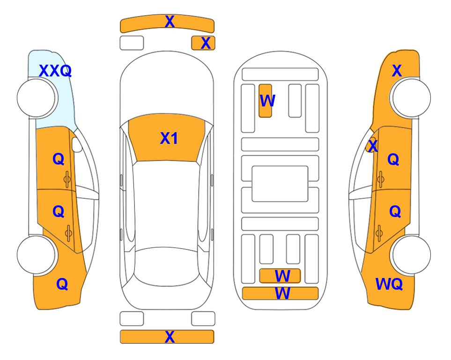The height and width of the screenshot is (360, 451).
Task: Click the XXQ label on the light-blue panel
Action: pyautogui.click(x=55, y=71)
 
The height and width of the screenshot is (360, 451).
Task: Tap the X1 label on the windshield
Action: pyautogui.click(x=169, y=138)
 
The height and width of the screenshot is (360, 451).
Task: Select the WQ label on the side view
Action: pyautogui.click(x=389, y=284)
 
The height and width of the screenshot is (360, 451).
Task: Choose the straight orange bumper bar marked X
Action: pyautogui.click(x=167, y=337)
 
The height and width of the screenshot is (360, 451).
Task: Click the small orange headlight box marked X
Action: pyautogui.click(x=203, y=43)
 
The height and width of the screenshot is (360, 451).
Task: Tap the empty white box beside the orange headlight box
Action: pyautogui.click(x=132, y=43)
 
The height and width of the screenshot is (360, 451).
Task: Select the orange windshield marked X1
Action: pyautogui.click(x=167, y=138)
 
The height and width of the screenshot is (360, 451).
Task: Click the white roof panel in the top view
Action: pyautogui.click(x=166, y=204)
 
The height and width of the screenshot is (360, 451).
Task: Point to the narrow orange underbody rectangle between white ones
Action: pyautogui.click(x=265, y=101)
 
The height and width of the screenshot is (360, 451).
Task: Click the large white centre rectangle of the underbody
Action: pyautogui.click(x=280, y=184)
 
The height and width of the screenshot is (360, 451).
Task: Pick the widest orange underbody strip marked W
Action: pyautogui.click(x=281, y=293)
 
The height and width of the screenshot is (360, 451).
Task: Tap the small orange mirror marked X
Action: pyautogui.click(x=371, y=145)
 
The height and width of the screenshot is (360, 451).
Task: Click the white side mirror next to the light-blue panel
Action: pyautogui.click(x=77, y=144)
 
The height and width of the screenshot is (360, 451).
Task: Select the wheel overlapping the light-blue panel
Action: pyautogui.click(x=37, y=98)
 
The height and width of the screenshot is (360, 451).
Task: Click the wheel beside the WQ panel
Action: pyautogui.click(x=411, y=255)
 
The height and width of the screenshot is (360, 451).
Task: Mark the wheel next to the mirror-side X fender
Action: pyautogui.click(x=411, y=98)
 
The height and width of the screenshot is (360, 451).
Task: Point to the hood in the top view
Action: pyautogui.click(x=167, y=86)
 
